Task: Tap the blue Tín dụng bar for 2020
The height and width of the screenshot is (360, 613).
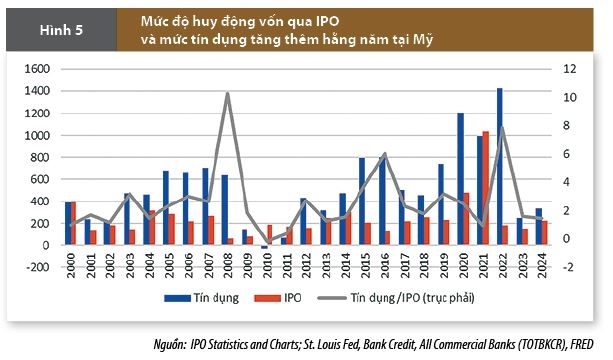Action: [460, 179]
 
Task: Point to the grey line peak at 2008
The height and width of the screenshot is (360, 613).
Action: [228, 94]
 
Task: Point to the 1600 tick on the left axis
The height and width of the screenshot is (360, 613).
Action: [37, 68]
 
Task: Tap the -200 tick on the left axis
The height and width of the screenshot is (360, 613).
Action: [37, 267]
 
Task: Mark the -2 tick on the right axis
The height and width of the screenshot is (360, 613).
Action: [565, 267]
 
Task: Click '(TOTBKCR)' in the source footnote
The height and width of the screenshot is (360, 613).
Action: [534, 343]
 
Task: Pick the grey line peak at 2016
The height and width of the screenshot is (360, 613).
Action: [385, 154]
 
